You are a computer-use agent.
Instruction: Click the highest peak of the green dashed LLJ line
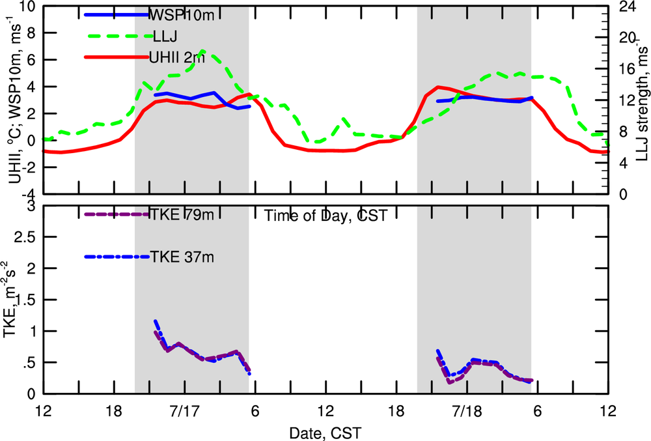204,50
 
